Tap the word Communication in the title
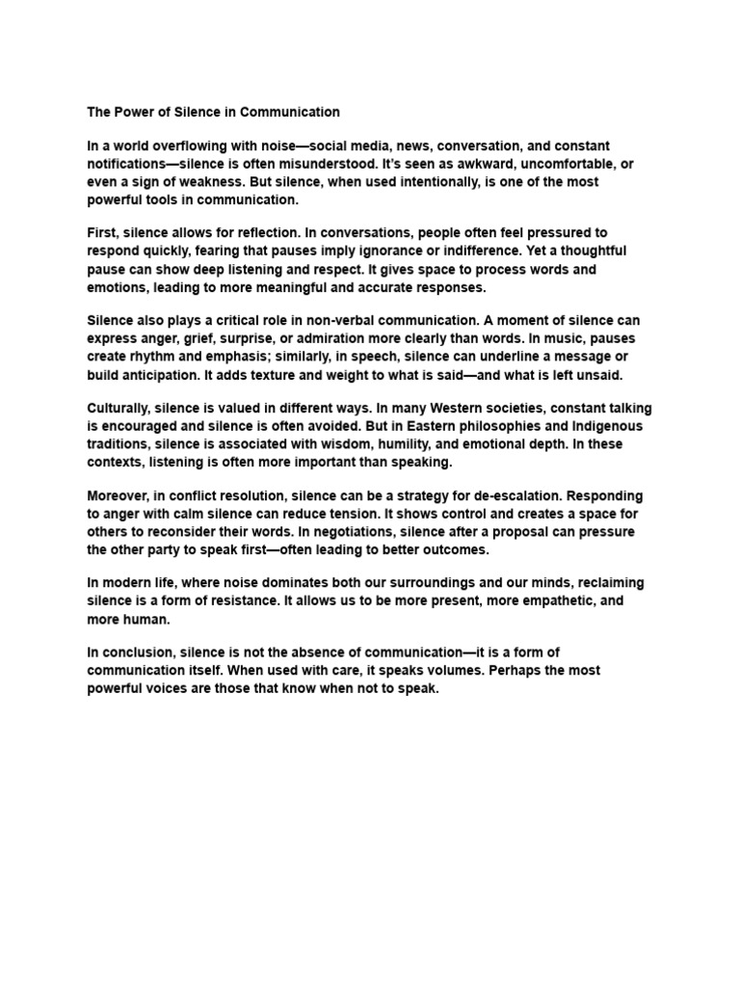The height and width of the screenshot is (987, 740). point(291,112)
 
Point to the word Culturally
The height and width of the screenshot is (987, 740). point(119,409)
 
